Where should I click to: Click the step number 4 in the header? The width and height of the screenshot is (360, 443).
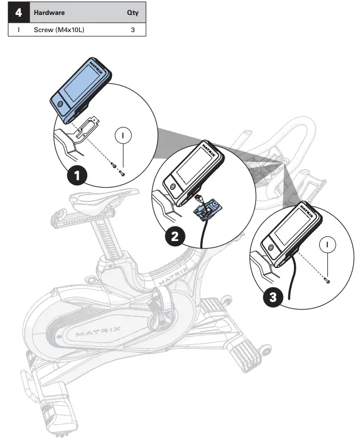(x=19, y=12)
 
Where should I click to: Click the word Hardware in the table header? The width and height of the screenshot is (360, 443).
(x=49, y=12)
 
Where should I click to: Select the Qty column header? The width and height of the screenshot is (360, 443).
(x=132, y=12)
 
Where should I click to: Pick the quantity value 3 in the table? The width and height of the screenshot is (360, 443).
(x=133, y=29)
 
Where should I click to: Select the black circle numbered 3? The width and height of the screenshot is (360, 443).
(x=273, y=297)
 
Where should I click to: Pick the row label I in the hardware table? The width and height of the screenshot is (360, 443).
(x=19, y=29)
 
